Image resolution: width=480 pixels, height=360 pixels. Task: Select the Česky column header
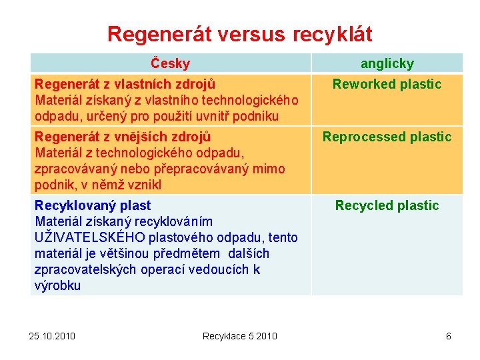click(170, 64)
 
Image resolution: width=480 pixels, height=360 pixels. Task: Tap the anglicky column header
click(387, 64)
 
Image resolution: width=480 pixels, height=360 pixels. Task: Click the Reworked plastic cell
click(387, 84)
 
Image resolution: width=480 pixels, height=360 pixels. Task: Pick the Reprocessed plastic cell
click(387, 137)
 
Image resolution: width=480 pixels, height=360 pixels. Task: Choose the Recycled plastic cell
click(387, 205)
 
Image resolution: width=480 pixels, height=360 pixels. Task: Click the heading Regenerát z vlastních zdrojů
click(125, 84)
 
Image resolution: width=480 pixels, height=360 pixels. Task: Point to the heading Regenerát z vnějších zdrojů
click(123, 137)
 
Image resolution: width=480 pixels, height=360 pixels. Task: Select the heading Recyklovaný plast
click(93, 205)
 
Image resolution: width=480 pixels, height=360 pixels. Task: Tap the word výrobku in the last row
click(57, 285)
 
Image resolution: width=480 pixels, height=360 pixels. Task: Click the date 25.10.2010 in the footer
click(53, 335)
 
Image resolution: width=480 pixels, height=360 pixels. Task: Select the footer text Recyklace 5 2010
click(240, 335)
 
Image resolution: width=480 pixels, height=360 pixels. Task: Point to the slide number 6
click(449, 335)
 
